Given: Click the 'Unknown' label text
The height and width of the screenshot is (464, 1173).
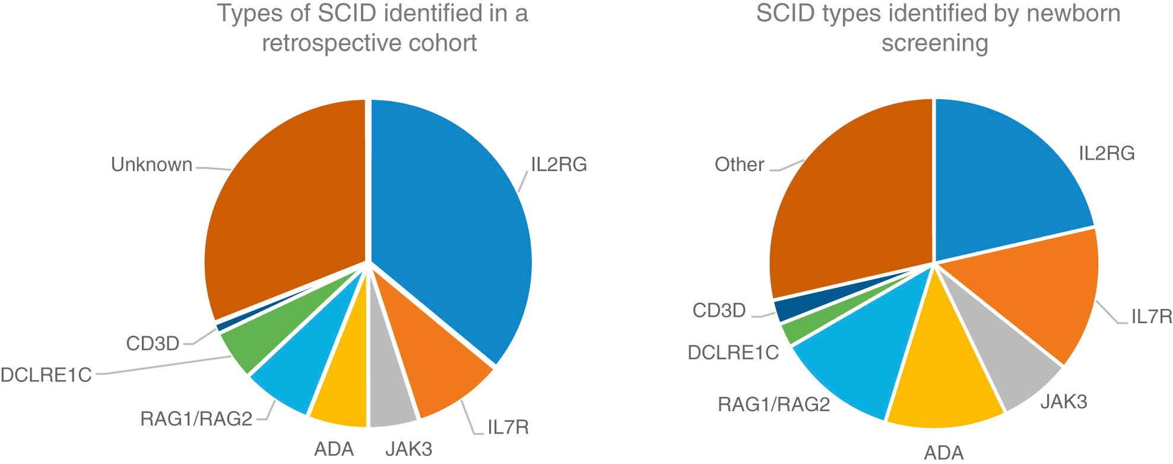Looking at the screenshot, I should click(152, 165).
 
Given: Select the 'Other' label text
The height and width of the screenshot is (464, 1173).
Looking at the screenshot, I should click(739, 164).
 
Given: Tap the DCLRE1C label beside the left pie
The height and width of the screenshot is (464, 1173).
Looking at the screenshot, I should click(46, 375).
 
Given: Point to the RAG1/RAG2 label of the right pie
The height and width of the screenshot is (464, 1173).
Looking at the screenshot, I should click(773, 405).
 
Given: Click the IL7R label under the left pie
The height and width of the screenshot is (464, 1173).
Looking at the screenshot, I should click(508, 427).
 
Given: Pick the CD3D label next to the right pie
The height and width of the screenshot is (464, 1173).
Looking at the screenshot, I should click(719, 310).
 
